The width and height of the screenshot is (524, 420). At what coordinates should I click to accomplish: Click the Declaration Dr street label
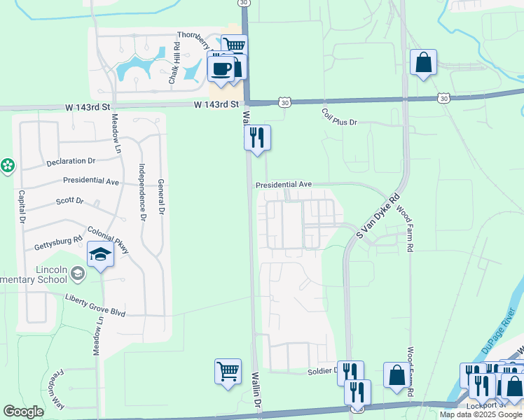(x=70, y=161)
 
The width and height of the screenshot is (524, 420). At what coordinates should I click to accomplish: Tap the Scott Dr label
(x=69, y=202)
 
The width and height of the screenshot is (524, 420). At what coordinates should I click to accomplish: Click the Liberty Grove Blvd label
(x=95, y=309)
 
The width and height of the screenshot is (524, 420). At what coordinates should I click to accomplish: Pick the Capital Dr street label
(x=22, y=206)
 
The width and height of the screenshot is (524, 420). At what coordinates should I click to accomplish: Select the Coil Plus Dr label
(x=339, y=117)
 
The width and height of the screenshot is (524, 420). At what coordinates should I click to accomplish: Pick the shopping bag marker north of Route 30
(x=424, y=63)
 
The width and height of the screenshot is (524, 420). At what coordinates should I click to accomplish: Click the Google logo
(x=24, y=412)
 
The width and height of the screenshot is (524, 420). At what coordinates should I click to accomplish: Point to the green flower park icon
(x=8, y=166)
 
